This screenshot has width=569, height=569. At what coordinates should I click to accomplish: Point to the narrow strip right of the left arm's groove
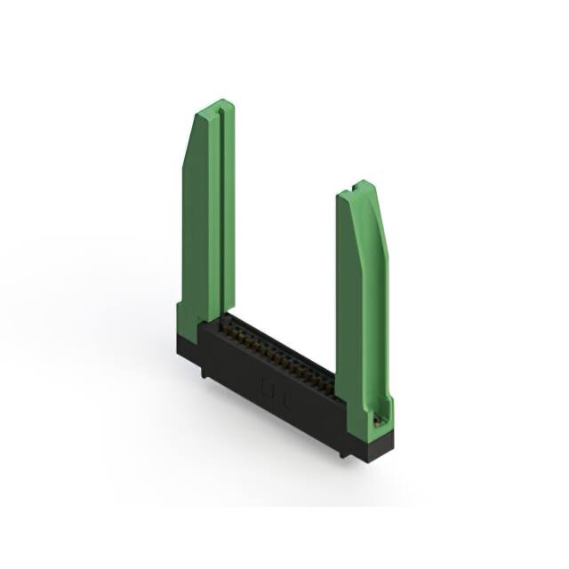click(228, 213)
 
